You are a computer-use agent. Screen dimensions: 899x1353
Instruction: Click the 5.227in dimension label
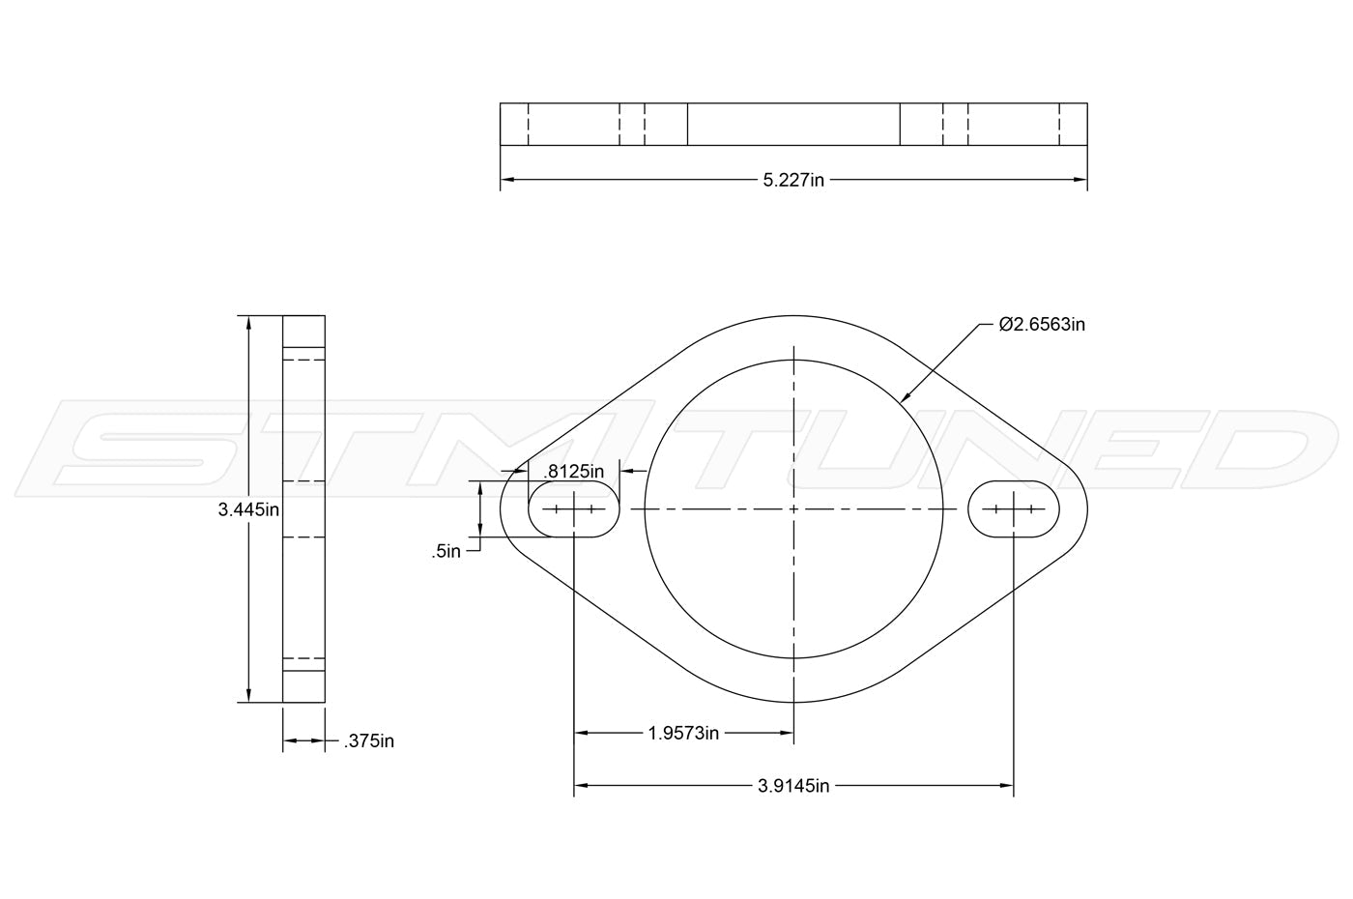(793, 180)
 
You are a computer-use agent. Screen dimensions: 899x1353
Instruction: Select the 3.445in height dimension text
(248, 509)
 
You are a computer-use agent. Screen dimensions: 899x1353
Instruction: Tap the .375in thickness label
(369, 741)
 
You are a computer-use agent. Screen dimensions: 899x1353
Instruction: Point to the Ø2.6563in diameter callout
(1042, 325)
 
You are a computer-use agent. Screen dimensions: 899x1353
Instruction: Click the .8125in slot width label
(574, 472)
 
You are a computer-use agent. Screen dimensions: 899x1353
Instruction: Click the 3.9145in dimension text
(793, 786)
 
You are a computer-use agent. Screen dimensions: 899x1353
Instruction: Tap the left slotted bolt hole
(574, 508)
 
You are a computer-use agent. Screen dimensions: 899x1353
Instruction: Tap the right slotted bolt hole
(1014, 508)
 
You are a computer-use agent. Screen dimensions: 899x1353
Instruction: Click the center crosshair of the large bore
(793, 508)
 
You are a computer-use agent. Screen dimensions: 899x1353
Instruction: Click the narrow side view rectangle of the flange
(303, 508)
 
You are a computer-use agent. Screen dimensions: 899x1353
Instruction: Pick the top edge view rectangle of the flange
(793, 124)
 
